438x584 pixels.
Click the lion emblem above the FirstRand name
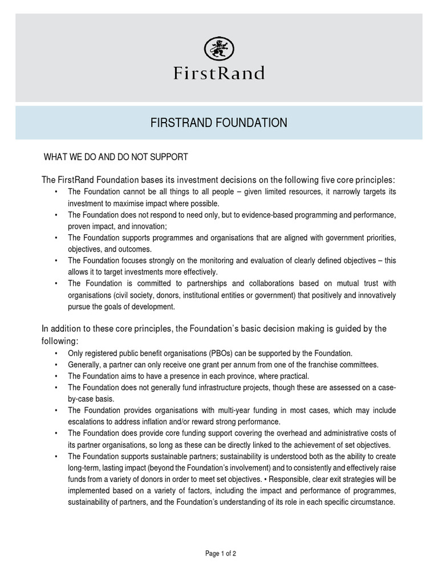tap(218, 48)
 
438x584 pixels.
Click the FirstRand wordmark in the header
tap(219, 73)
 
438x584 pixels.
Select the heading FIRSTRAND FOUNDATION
tap(219, 123)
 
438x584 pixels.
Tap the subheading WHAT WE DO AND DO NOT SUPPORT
tap(116, 156)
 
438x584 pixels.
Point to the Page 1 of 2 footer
tap(221, 554)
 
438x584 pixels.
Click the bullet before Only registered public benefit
tap(55, 353)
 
